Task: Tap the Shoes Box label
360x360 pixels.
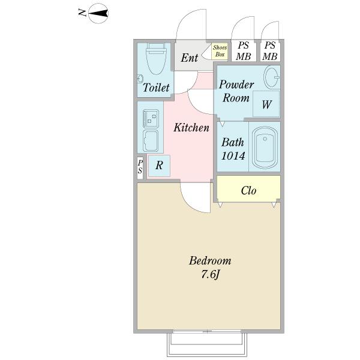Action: click(x=220, y=51)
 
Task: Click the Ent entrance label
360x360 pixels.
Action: click(x=190, y=58)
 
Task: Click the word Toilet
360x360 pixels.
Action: click(x=156, y=88)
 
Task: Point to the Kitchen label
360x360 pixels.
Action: click(x=191, y=128)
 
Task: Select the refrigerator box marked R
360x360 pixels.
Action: click(x=159, y=166)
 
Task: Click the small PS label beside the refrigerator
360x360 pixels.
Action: click(x=140, y=166)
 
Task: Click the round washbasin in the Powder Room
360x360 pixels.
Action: click(x=271, y=77)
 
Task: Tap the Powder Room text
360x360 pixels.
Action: click(x=236, y=91)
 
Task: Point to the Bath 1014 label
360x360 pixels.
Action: click(x=233, y=149)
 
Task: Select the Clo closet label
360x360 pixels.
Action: click(x=248, y=191)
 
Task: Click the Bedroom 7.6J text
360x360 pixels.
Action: click(x=210, y=268)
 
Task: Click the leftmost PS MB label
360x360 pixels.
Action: click(x=243, y=51)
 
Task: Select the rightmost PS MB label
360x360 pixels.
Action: click(x=271, y=51)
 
